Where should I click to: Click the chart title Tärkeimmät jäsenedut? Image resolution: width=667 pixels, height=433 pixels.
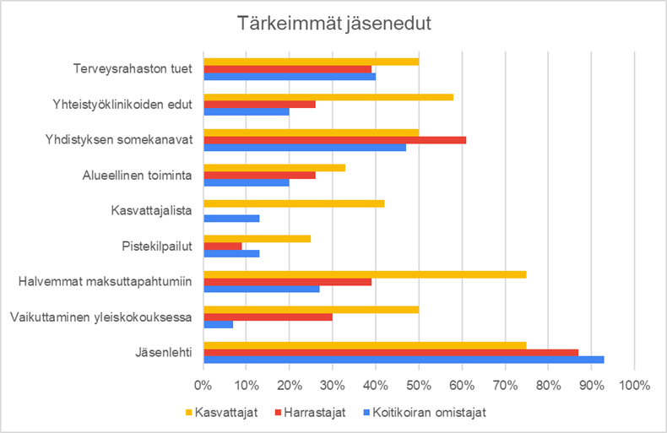[334, 24]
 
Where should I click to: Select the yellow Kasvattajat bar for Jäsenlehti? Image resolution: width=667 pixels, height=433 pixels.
[365, 345]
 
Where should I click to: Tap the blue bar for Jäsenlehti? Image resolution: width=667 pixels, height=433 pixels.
[404, 360]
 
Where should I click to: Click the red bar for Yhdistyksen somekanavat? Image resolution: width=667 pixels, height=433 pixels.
[335, 140]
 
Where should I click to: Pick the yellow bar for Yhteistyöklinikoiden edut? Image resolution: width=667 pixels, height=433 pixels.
[328, 97]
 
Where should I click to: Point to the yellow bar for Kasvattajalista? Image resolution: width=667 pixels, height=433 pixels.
[294, 203]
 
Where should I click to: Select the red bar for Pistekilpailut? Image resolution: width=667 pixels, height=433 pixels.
[223, 246]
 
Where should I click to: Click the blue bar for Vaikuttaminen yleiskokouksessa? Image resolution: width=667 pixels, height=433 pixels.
[218, 324]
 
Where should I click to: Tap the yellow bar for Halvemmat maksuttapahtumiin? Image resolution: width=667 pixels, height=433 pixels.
[365, 274]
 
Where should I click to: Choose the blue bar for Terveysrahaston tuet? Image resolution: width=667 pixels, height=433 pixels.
[290, 77]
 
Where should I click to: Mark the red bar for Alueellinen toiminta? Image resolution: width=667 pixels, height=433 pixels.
[259, 176]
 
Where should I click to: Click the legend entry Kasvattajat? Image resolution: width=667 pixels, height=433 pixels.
[221, 413]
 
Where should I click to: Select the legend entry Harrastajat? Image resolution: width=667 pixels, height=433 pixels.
[311, 413]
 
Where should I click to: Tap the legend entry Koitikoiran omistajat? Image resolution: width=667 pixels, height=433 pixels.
[425, 413]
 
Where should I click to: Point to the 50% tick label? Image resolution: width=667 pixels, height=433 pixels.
[419, 386]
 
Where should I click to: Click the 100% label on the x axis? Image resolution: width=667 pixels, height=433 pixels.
[634, 386]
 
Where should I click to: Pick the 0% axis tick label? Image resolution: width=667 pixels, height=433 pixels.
[203, 386]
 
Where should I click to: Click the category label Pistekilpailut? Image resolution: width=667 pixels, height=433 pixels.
[157, 246]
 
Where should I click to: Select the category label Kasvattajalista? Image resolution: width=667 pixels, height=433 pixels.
[151, 210]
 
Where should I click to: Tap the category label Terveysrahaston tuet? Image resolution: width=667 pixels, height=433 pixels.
[133, 69]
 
